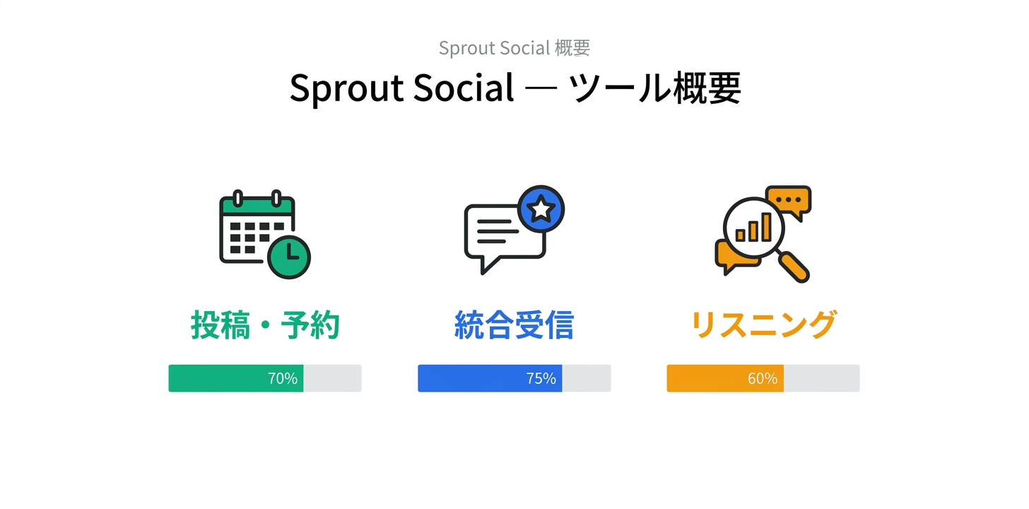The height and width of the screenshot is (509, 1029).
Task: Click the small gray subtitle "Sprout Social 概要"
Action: coord(514,48)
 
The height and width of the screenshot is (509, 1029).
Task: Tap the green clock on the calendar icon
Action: coord(289,255)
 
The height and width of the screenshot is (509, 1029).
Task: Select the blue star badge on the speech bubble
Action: coord(541,209)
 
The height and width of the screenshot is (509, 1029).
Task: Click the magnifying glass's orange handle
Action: coord(794,268)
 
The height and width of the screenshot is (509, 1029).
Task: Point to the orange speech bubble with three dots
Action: coord(789,200)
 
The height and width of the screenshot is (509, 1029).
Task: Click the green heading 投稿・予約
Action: coord(265,326)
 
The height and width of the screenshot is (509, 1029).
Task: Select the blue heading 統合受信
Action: coord(514,326)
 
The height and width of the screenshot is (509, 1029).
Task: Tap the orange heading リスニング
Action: coord(763,326)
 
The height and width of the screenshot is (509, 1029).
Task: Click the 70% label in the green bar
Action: coord(282,379)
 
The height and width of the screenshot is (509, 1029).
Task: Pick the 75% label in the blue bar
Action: coord(541,379)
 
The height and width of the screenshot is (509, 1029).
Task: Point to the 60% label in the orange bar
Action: coord(762,379)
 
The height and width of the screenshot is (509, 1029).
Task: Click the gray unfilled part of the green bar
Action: coord(332,379)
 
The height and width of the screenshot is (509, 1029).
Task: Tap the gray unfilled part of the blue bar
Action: coord(586,379)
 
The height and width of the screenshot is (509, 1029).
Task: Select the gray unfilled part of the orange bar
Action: coord(821,379)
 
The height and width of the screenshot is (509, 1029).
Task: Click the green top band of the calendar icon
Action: coord(257,206)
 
